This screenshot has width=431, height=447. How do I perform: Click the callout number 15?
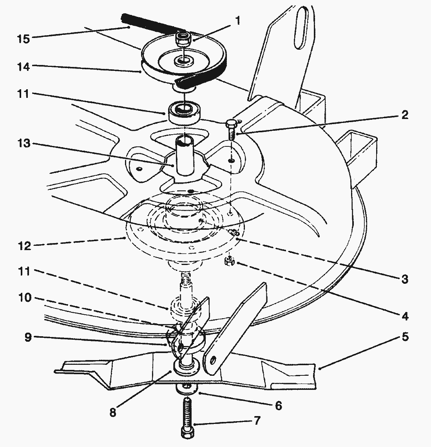click(24, 39)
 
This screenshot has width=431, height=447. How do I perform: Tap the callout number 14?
click(24, 67)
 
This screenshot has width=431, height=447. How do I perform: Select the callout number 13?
click(24, 143)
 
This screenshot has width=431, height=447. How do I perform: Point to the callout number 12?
click(24, 246)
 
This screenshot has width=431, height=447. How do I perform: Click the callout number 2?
click(404, 115)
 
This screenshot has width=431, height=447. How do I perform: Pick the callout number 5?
click(405, 337)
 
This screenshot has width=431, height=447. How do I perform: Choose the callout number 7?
click(257, 420)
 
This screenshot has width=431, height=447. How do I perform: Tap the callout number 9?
click(28, 337)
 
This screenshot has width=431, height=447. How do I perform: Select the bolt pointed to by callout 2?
click(232, 130)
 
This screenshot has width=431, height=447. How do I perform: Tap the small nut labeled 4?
click(230, 261)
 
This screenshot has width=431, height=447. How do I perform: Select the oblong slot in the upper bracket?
click(301, 28)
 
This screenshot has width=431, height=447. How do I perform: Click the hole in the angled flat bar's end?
click(212, 362)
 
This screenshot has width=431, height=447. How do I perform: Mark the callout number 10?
click(25, 297)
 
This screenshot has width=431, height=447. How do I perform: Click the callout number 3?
click(404, 279)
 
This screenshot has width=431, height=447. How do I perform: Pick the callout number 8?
click(113, 412)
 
